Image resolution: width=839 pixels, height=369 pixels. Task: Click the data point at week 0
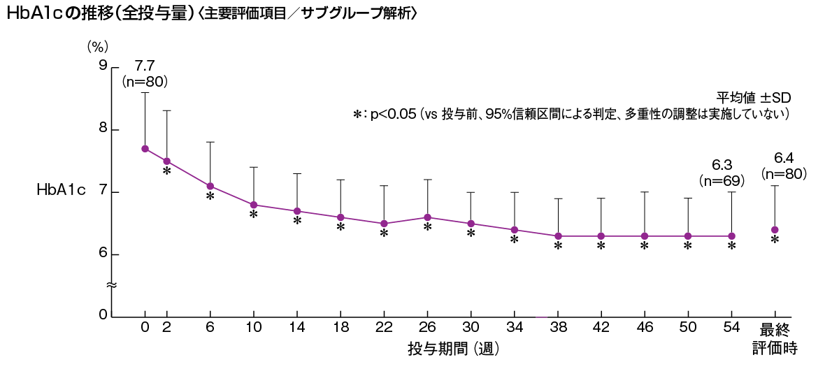click(x=145, y=149)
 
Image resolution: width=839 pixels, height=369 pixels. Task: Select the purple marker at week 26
click(x=427, y=217)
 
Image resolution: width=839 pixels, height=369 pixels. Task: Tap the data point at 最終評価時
click(x=775, y=230)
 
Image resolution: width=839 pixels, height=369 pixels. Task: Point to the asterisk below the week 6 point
click(x=210, y=197)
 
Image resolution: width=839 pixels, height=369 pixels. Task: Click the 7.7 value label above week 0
click(x=144, y=66)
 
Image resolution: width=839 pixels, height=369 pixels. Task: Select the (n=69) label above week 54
click(x=722, y=180)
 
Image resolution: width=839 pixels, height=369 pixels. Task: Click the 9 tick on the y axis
click(x=103, y=66)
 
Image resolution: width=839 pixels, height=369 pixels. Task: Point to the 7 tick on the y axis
click(x=103, y=192)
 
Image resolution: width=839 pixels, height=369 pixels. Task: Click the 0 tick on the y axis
click(x=103, y=316)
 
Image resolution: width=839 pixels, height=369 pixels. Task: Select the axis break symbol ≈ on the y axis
click(x=110, y=285)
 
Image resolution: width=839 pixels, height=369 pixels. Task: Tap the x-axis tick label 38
click(x=557, y=328)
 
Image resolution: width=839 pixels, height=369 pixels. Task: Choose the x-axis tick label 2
click(x=167, y=328)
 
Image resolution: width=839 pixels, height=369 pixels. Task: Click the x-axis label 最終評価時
click(x=775, y=338)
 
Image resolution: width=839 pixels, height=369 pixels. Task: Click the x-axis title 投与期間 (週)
click(x=453, y=347)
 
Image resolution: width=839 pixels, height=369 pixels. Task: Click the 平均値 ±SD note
click(x=752, y=97)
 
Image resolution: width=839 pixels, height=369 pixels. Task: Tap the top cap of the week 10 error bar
click(x=254, y=167)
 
